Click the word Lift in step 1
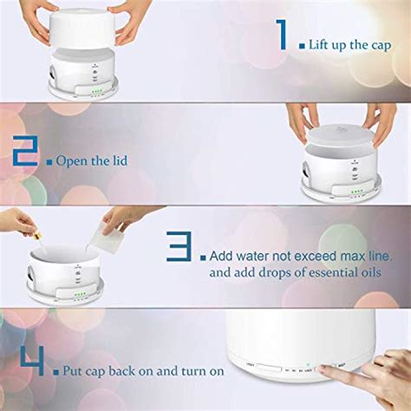pyautogui.click(x=323, y=43)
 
